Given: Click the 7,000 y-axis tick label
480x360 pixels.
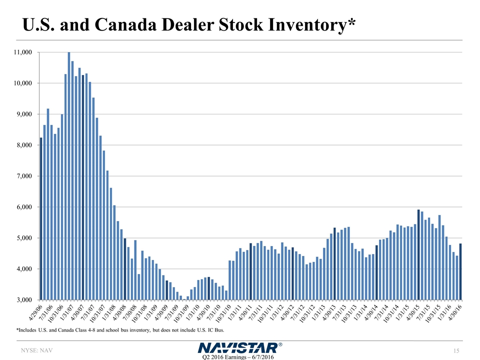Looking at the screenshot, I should (23, 176).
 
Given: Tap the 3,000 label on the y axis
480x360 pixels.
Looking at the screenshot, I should (23, 300).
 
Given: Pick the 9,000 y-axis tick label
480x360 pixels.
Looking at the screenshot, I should (23, 114).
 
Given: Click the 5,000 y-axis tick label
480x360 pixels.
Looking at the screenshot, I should (23, 238).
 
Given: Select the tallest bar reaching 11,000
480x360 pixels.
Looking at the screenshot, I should (69, 176).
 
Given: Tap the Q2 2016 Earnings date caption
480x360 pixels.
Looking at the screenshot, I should (237, 356).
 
